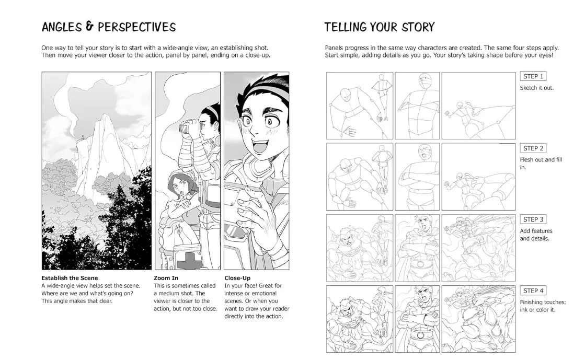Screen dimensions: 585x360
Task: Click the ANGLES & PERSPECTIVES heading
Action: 109,27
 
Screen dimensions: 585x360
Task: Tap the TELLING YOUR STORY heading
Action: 380,27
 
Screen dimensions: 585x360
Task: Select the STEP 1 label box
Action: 533,76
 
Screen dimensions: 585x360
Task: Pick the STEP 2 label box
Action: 533,148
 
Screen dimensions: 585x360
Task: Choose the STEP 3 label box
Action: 533,219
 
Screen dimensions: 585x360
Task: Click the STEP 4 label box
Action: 533,291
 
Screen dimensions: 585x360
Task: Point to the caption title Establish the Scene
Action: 70,278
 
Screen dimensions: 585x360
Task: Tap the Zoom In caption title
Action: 166,278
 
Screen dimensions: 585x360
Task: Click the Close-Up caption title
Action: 237,278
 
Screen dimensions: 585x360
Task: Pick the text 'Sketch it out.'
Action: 537,88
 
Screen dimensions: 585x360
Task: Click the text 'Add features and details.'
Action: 536,235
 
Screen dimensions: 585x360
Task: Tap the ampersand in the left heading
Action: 89,26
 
